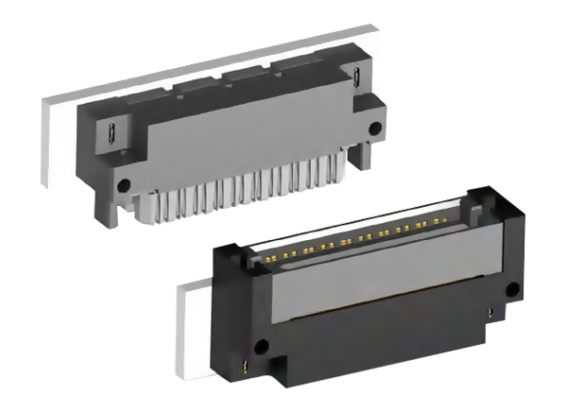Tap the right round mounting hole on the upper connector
(375, 127)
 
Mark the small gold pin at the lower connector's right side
(491, 309)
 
